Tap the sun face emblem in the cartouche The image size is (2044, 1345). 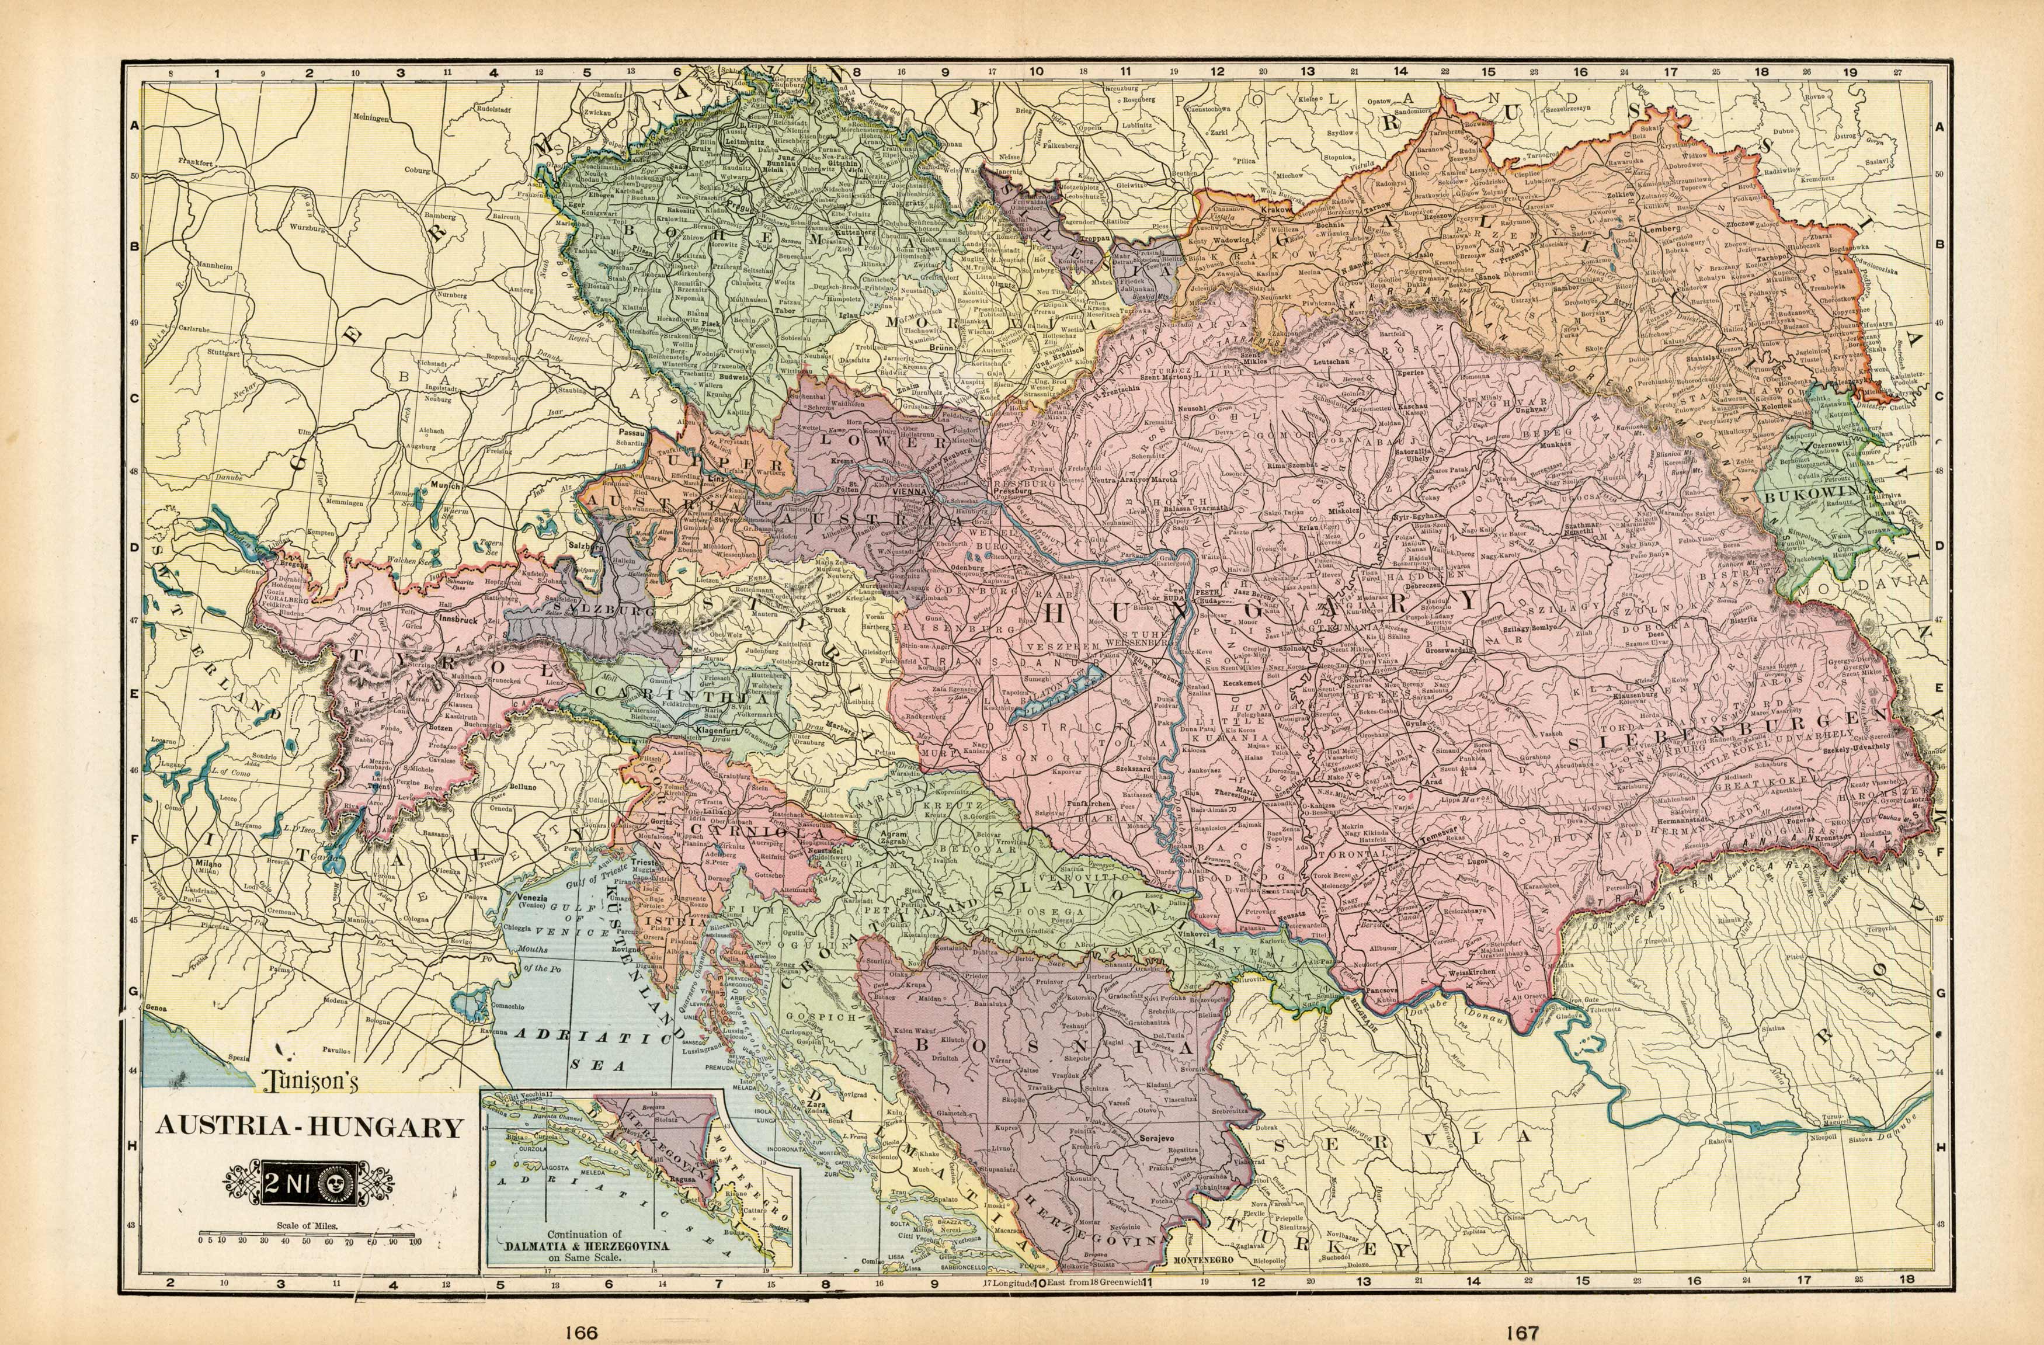(330, 1185)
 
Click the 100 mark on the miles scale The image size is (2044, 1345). (415, 1241)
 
